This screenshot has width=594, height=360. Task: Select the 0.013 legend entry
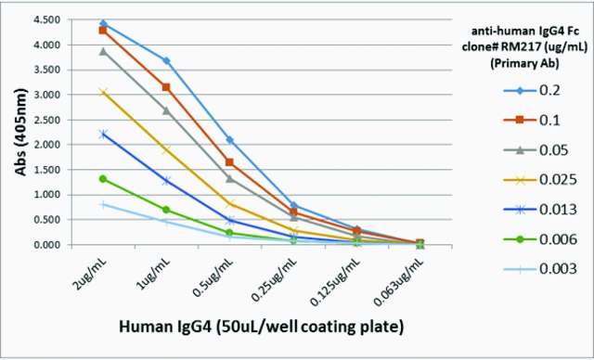click(x=540, y=210)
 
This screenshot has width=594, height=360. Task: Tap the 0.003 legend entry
click(x=540, y=269)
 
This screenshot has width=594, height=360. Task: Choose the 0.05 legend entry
click(x=536, y=150)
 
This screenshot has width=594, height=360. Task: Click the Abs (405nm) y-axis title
click(x=21, y=132)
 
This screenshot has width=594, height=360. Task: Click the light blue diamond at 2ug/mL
click(x=103, y=24)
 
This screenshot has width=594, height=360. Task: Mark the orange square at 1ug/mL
click(x=166, y=87)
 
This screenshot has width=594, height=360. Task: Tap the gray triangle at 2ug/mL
click(x=103, y=51)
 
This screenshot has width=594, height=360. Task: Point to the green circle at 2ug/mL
click(x=103, y=179)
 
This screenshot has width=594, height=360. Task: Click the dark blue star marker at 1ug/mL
click(x=166, y=181)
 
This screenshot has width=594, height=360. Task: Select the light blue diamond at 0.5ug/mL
click(x=229, y=140)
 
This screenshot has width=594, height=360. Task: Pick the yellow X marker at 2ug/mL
click(x=103, y=93)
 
